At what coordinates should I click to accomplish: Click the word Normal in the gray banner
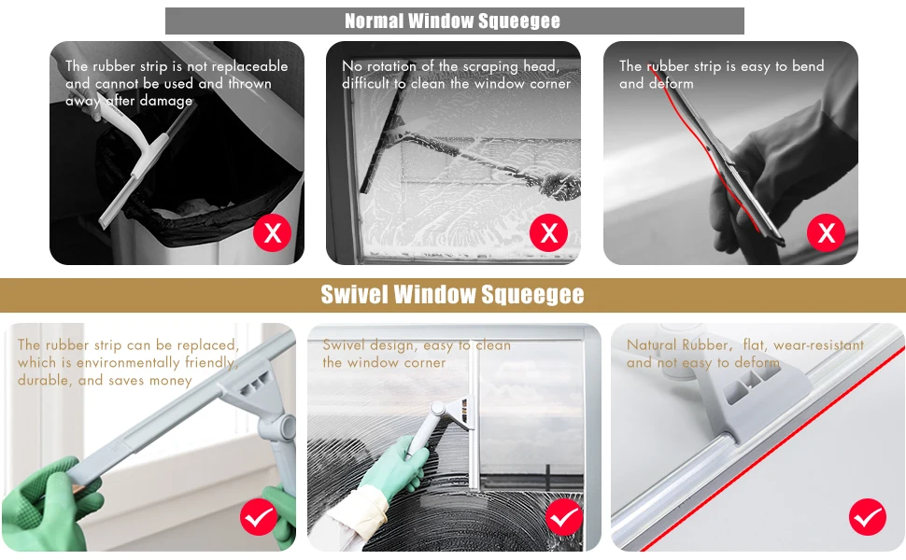374,21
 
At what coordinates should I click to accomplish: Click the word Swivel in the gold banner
354,294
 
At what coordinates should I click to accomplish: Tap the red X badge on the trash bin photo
272,232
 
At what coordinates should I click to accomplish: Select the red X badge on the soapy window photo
548,232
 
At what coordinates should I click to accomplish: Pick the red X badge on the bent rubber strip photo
826,232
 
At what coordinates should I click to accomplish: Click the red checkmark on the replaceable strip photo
259,517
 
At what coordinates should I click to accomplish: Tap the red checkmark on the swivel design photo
564,517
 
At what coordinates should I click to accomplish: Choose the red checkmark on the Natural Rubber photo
868,517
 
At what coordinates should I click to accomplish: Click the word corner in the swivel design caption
425,363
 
